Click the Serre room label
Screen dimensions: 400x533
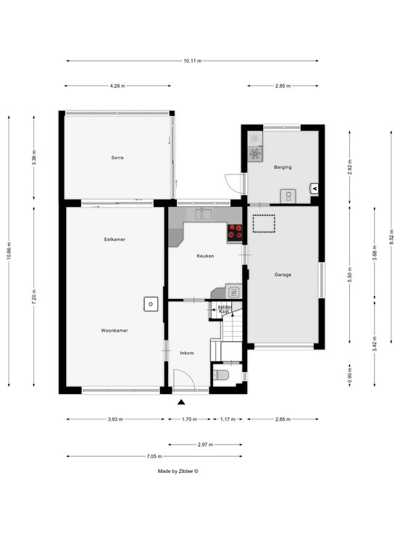[117, 158]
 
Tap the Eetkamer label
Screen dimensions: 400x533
[114, 239]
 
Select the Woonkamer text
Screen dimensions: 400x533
[114, 330]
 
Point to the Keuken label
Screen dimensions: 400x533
[206, 256]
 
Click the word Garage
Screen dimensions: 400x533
[283, 274]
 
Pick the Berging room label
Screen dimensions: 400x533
[283, 167]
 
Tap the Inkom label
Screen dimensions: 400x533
[187, 353]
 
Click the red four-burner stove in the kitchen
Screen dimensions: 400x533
[235, 232]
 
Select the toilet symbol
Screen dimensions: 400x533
[221, 375]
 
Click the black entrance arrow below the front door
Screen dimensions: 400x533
[181, 403]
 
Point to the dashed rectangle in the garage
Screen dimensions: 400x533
[264, 224]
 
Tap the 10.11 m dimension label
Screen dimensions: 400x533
[193, 61]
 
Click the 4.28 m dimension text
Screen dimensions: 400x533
[117, 86]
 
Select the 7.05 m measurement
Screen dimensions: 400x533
[154, 456]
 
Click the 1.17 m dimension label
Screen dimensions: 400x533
[228, 419]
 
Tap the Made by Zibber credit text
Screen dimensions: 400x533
[178, 471]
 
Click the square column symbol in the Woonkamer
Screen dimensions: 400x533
[151, 304]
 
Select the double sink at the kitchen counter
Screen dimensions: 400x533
[203, 214]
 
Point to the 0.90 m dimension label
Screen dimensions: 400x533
[350, 376]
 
